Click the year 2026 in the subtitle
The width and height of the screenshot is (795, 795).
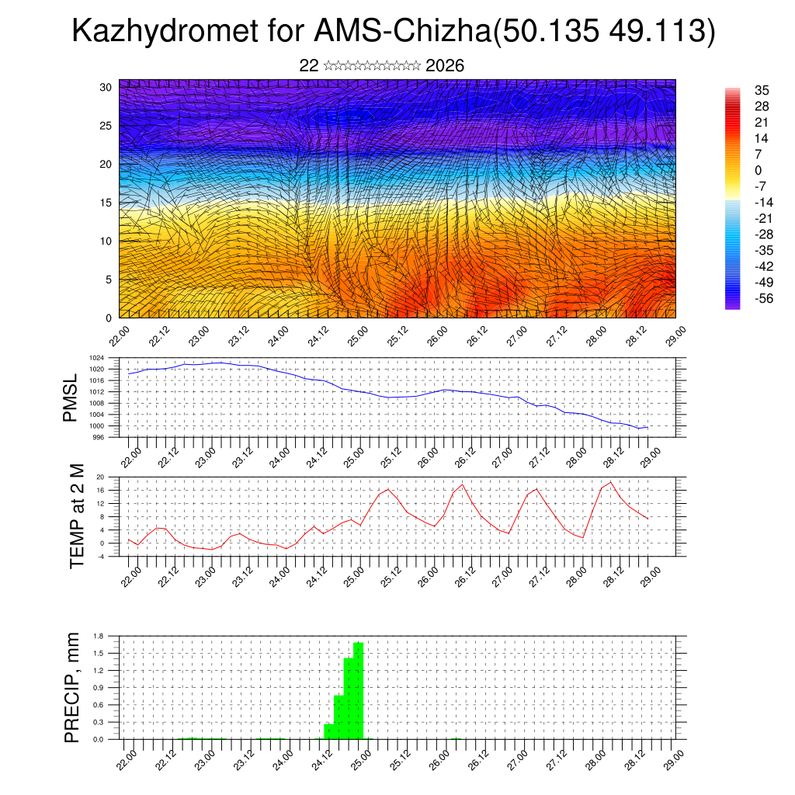tap(445, 66)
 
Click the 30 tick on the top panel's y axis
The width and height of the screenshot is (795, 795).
tap(106, 87)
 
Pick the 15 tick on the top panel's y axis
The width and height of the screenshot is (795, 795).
tap(106, 203)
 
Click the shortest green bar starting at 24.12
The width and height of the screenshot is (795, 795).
tap(329, 731)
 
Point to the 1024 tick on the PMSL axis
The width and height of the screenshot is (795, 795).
tap(109, 358)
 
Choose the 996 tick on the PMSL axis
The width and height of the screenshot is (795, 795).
tap(111, 437)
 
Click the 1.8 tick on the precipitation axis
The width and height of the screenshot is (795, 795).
tap(98, 636)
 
